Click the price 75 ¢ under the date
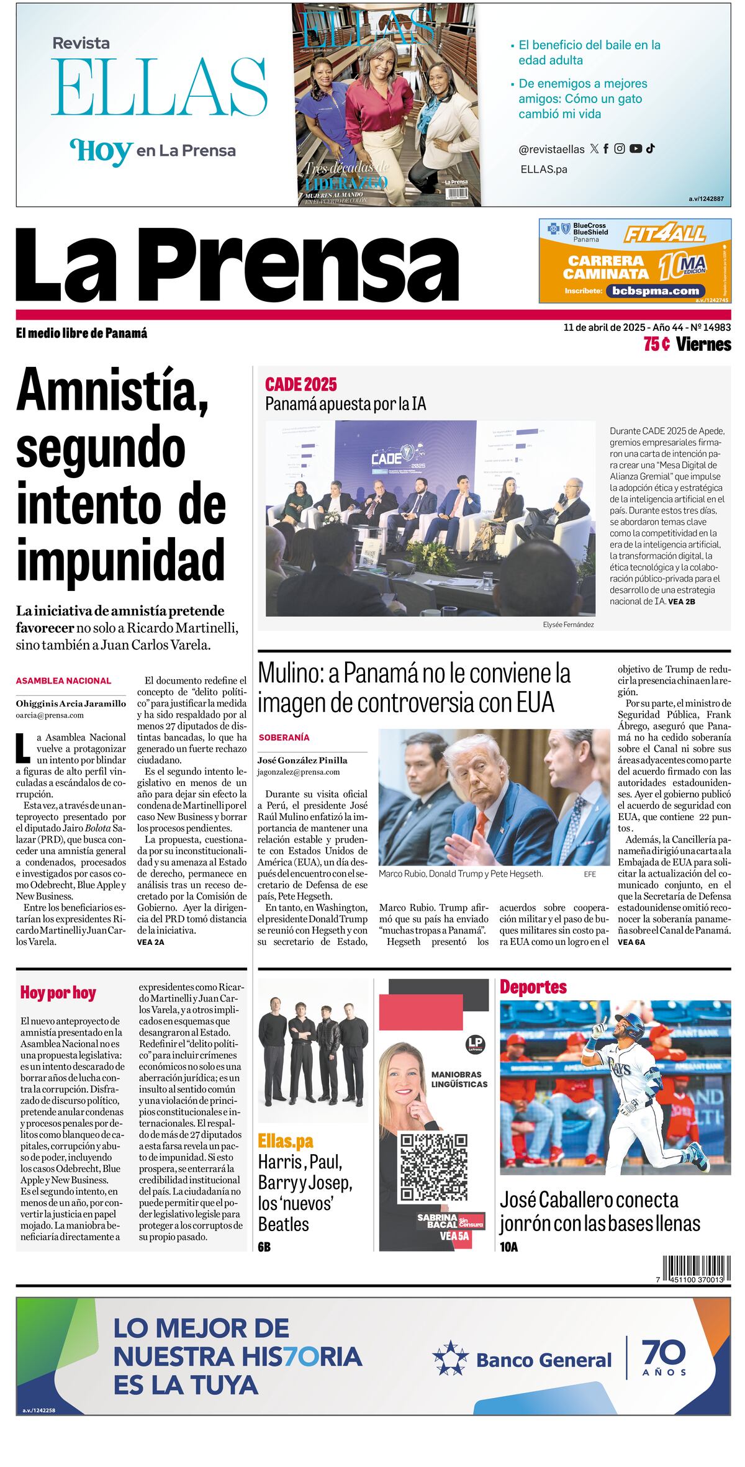(656, 344)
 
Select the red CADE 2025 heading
(300, 384)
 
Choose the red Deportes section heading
(533, 986)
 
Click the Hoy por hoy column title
(58, 992)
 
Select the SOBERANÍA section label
(284, 738)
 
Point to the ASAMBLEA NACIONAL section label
(63, 680)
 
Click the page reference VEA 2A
(151, 942)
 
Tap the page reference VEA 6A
(631, 942)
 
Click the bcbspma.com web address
(655, 291)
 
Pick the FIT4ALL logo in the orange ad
(664, 234)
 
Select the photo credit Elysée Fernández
(568, 625)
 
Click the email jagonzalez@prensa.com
(299, 772)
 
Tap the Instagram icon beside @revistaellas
(620, 148)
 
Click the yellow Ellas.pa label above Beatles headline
(286, 1140)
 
